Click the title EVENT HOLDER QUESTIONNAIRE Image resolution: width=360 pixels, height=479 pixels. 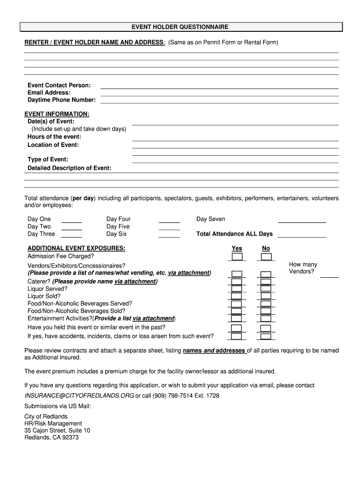[180, 27]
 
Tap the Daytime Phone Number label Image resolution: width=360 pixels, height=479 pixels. [62, 100]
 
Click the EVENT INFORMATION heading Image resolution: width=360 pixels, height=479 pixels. [57, 114]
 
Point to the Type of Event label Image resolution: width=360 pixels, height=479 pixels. [48, 160]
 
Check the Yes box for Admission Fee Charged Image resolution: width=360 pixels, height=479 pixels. [237, 257]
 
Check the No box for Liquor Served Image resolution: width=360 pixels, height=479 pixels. [266, 289]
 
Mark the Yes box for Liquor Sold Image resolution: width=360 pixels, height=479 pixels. [237, 296]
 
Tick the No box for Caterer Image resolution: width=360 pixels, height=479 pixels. [266, 282]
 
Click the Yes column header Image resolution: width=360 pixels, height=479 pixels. [237, 248]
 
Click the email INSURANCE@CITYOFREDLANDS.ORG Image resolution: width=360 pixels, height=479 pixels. [79, 396]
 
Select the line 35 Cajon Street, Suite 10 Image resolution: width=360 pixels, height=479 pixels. [57, 430]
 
